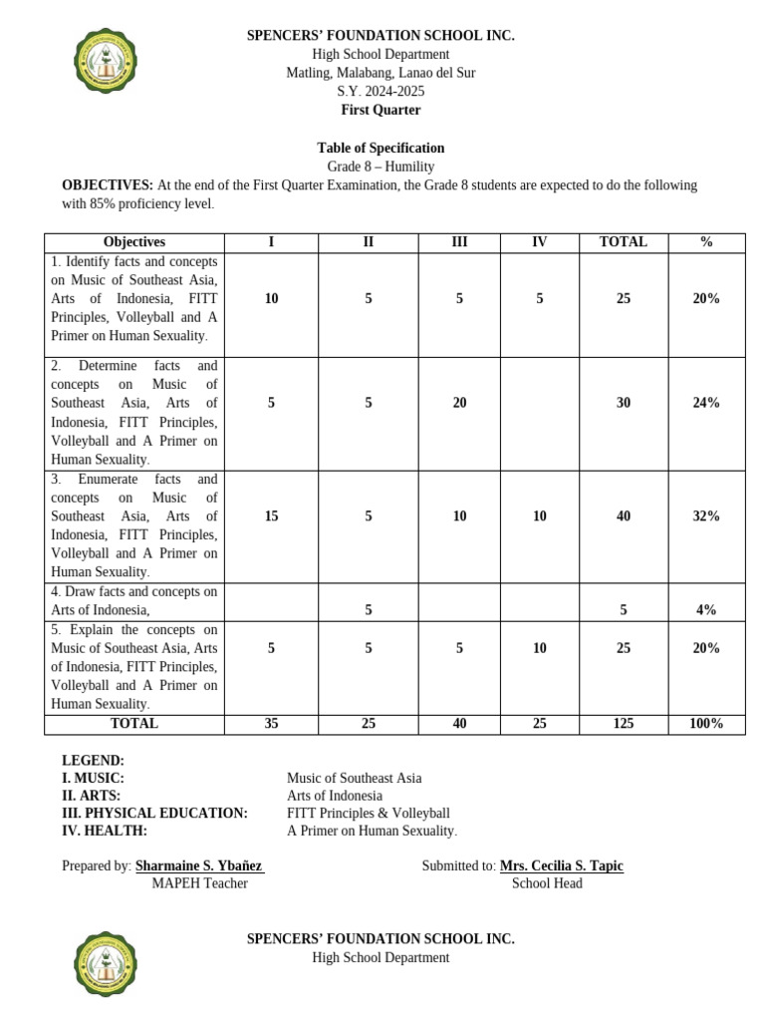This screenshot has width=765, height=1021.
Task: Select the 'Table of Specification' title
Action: coord(381,148)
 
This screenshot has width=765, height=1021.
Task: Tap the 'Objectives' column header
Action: coord(134,242)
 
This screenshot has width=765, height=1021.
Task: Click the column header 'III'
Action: coord(459,242)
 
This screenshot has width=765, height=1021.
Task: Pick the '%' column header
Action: coord(706,242)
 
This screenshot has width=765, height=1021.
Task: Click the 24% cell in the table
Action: coord(706,403)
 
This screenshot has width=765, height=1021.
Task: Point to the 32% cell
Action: coord(706,515)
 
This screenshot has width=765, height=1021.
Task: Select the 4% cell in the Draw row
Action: coord(706,610)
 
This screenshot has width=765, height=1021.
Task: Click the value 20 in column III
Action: coord(459,403)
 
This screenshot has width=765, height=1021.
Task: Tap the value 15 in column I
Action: coord(272,515)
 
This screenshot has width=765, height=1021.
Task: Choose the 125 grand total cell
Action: coord(624,724)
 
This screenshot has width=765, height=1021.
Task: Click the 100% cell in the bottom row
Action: coord(706,724)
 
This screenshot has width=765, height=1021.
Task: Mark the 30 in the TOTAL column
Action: coord(624,403)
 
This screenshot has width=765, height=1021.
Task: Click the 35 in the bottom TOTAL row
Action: coord(272,724)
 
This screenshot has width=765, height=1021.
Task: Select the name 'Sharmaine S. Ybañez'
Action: coord(199,865)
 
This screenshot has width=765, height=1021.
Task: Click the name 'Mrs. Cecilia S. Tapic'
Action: coord(561,865)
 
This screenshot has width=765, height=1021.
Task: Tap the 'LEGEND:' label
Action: coord(93,760)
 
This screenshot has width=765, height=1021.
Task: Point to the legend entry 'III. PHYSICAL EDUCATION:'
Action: coord(154,813)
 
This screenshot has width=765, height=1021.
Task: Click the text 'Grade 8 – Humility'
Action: coord(381,167)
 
